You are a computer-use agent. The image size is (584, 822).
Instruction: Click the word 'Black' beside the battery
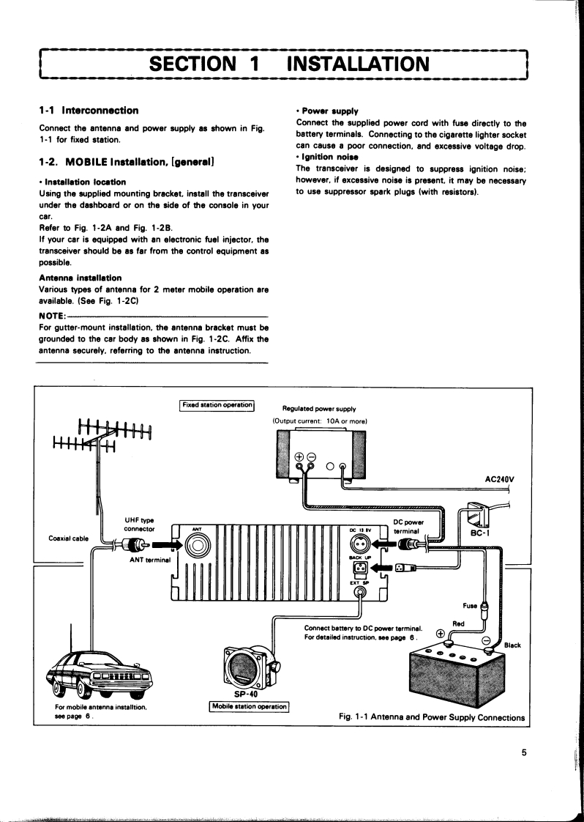(x=512, y=645)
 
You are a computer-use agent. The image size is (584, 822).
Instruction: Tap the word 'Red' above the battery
(x=459, y=623)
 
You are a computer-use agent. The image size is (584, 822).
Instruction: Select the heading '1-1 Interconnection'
(x=89, y=111)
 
